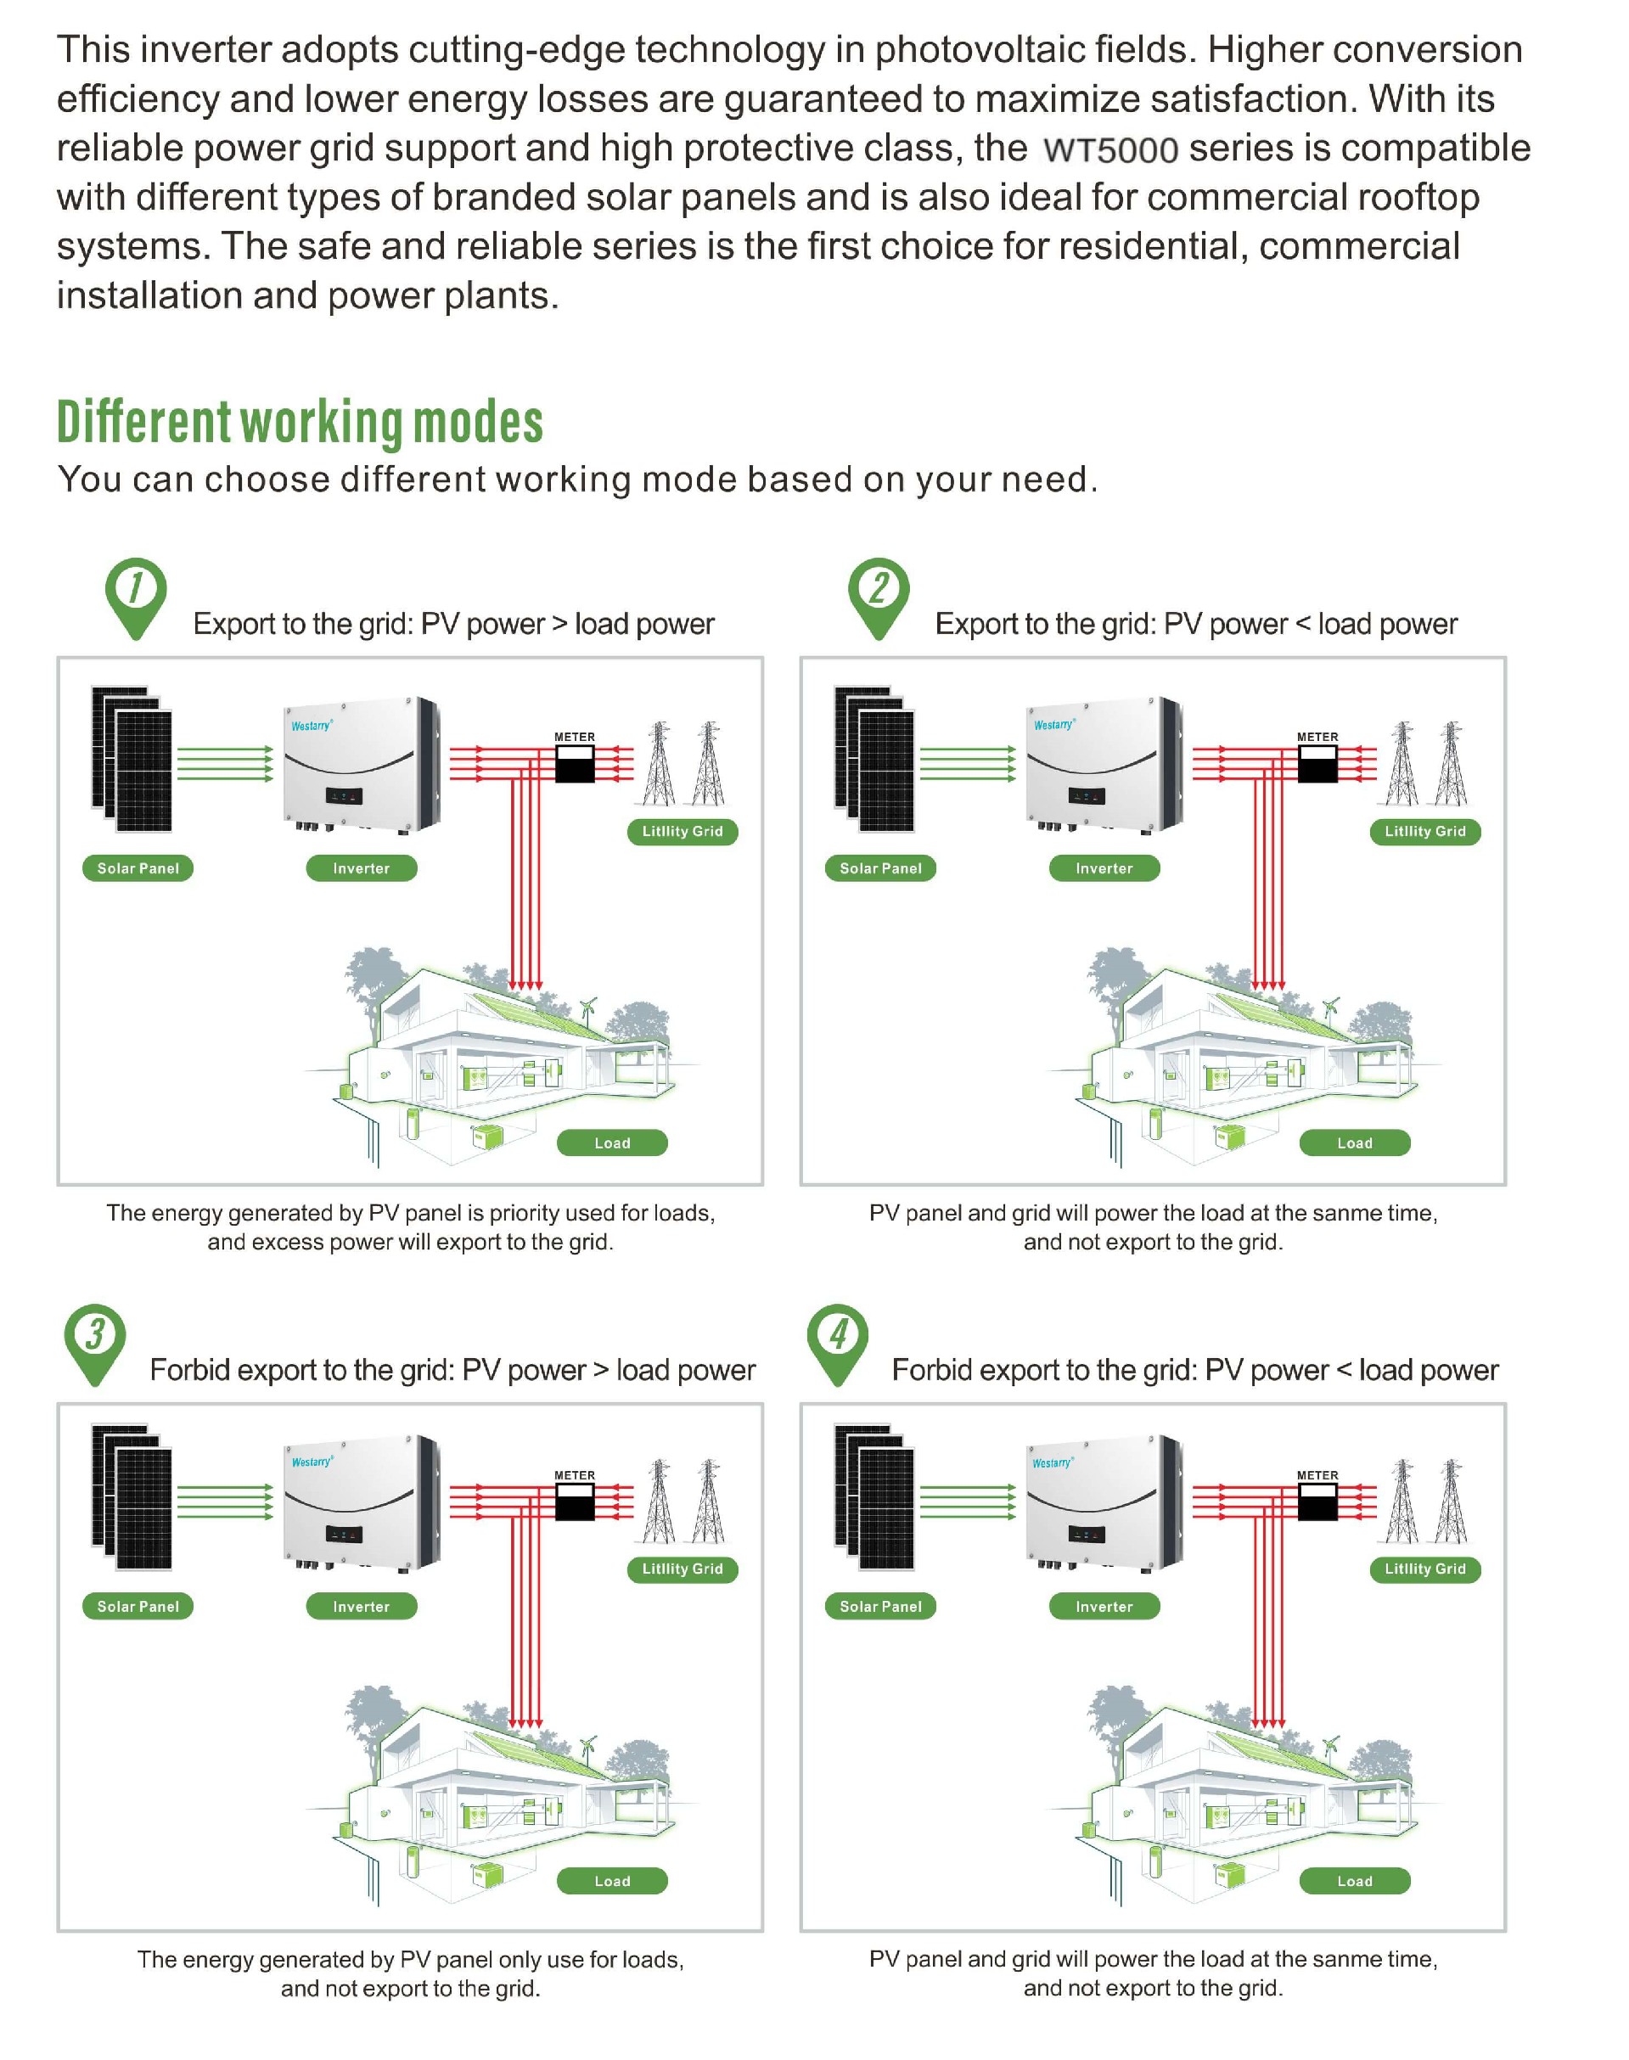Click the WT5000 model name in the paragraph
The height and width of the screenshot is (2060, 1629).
(x=1110, y=149)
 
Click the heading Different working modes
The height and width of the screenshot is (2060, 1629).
(x=300, y=423)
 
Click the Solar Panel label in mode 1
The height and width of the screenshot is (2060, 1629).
(x=138, y=867)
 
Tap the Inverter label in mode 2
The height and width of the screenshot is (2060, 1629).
(x=1104, y=867)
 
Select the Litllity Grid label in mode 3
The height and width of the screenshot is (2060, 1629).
(x=682, y=1569)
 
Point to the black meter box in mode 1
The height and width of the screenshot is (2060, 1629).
(x=574, y=764)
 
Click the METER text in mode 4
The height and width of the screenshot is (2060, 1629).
(x=1317, y=1475)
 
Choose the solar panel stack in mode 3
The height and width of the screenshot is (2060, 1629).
(x=132, y=1496)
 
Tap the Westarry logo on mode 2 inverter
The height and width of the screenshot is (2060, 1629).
(x=1054, y=725)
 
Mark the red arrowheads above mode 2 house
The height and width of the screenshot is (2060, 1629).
(x=1268, y=985)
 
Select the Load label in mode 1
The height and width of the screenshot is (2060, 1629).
(x=611, y=1142)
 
